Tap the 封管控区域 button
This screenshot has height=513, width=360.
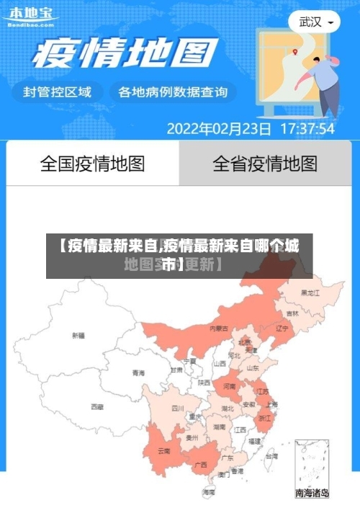point(58,92)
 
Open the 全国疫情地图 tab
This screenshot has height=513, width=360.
point(92,164)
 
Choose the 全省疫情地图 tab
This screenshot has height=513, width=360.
point(265,164)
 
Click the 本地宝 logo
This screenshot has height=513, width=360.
point(33,16)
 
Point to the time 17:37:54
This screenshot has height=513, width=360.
point(307,130)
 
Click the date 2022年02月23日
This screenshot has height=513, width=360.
point(219,130)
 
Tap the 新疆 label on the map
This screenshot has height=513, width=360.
point(78,335)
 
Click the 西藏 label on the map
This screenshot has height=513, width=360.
point(97,406)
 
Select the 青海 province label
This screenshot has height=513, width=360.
point(138,373)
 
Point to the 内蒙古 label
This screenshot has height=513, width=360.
point(219,328)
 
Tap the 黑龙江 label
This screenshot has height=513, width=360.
point(310,293)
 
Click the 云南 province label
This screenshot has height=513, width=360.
point(163,451)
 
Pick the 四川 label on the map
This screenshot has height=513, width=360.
point(177,408)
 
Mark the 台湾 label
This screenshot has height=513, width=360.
point(270,456)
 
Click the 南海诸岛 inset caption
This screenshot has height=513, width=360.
point(312,494)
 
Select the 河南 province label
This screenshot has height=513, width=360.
point(229,386)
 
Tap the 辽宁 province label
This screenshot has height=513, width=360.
point(282,328)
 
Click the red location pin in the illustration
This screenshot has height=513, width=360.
point(295,53)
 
